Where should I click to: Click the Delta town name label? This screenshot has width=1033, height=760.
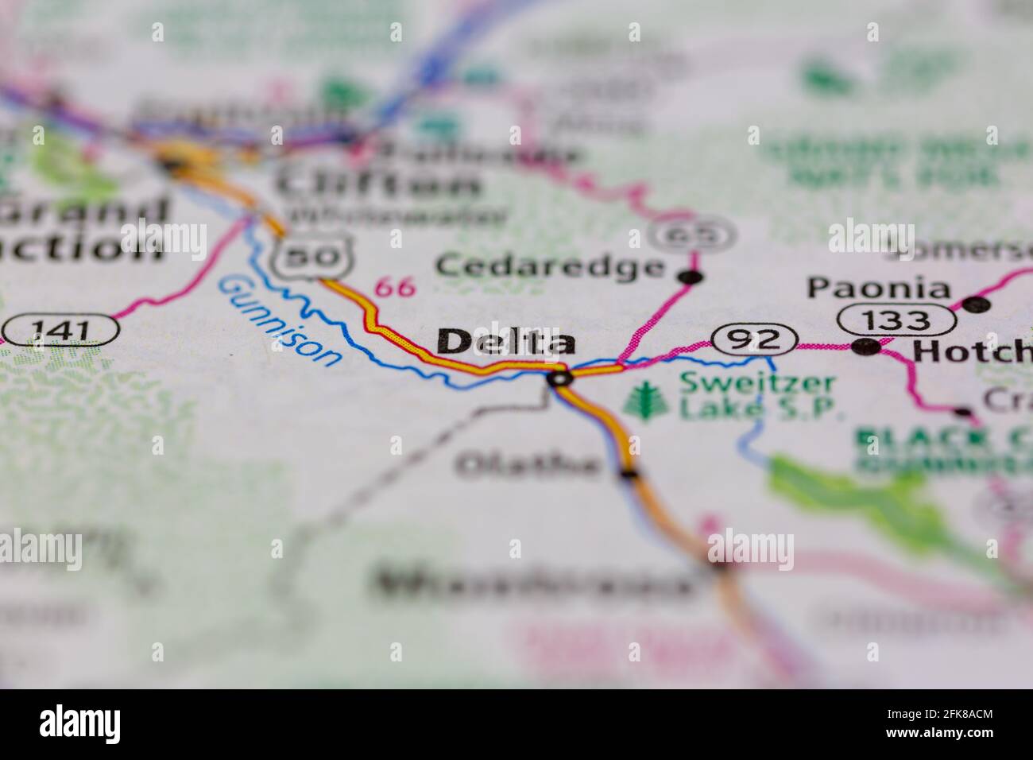[x=506, y=342]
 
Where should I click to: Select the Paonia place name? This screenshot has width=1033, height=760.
[x=879, y=288]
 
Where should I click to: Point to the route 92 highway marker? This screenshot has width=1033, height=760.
[x=754, y=340]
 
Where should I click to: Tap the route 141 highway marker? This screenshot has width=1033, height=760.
[x=60, y=328]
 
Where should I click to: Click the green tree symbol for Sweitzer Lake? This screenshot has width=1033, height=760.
[x=642, y=400]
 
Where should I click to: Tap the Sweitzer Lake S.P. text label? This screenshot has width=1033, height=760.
[x=758, y=395]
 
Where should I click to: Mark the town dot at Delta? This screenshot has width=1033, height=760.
[x=560, y=379]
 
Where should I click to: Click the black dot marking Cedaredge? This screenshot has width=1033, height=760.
[x=693, y=277]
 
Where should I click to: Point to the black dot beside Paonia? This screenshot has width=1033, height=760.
[x=977, y=304]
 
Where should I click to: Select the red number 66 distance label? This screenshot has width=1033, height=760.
[x=395, y=286]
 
